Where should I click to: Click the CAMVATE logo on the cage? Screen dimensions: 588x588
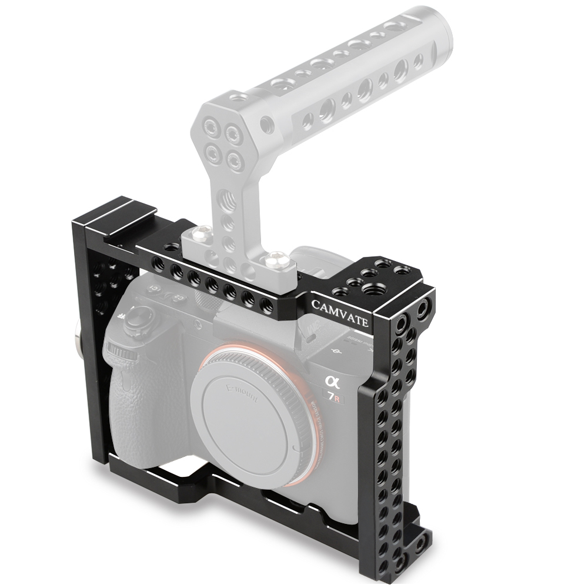(x=340, y=313)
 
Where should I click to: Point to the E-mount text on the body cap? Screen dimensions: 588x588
(x=240, y=395)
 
